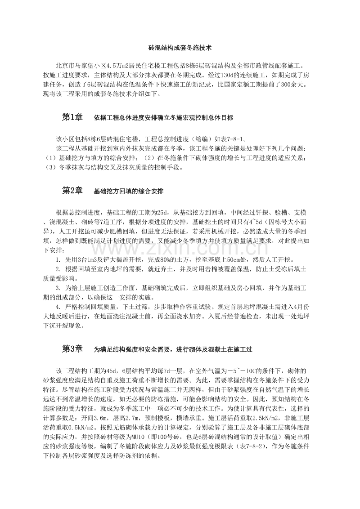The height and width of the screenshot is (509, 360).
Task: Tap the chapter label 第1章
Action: point(72,117)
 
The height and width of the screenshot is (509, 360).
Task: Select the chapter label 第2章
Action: point(72,191)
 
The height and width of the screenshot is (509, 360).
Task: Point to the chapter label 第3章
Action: point(72,349)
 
